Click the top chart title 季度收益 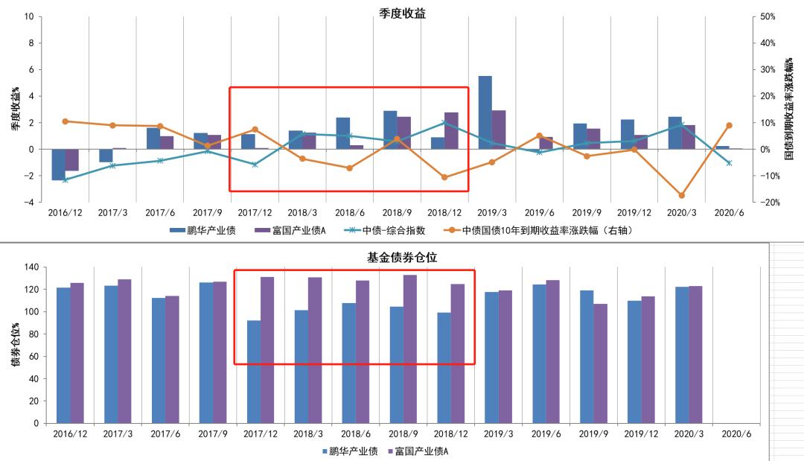[402, 13]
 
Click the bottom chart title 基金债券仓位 [402, 257]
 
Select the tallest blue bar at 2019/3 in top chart [485, 112]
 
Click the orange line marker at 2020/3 [681, 195]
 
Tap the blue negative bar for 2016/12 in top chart [58, 165]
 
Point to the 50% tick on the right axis [768, 16]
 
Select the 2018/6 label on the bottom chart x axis [356, 433]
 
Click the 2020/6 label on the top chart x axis [729, 212]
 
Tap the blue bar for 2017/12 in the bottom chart [254, 372]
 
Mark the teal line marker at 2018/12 [444, 123]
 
